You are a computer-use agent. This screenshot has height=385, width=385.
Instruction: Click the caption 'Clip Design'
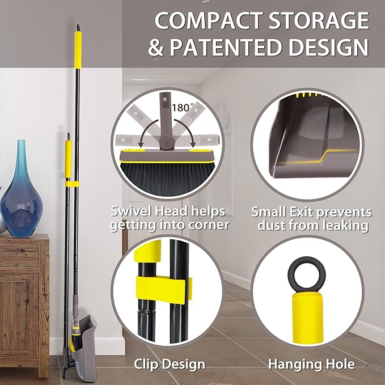169,363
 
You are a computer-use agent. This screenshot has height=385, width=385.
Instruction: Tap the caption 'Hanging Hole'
311,363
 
